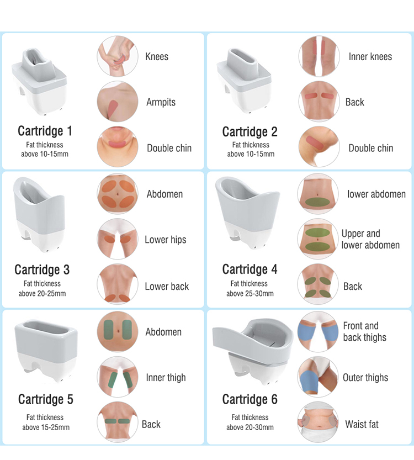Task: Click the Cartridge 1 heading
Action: [45, 131]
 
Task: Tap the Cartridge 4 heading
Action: [250, 269]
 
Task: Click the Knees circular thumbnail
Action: [116, 56]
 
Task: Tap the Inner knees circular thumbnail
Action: [319, 56]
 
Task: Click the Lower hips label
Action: [166, 240]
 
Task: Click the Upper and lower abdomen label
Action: [370, 239]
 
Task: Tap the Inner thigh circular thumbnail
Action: [116, 378]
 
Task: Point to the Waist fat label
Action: [362, 424]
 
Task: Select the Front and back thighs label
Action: [365, 331]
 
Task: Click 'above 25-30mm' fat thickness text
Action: [250, 293]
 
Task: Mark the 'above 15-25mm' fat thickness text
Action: [46, 427]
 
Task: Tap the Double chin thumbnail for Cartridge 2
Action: [319, 147]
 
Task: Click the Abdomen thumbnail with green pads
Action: [116, 332]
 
